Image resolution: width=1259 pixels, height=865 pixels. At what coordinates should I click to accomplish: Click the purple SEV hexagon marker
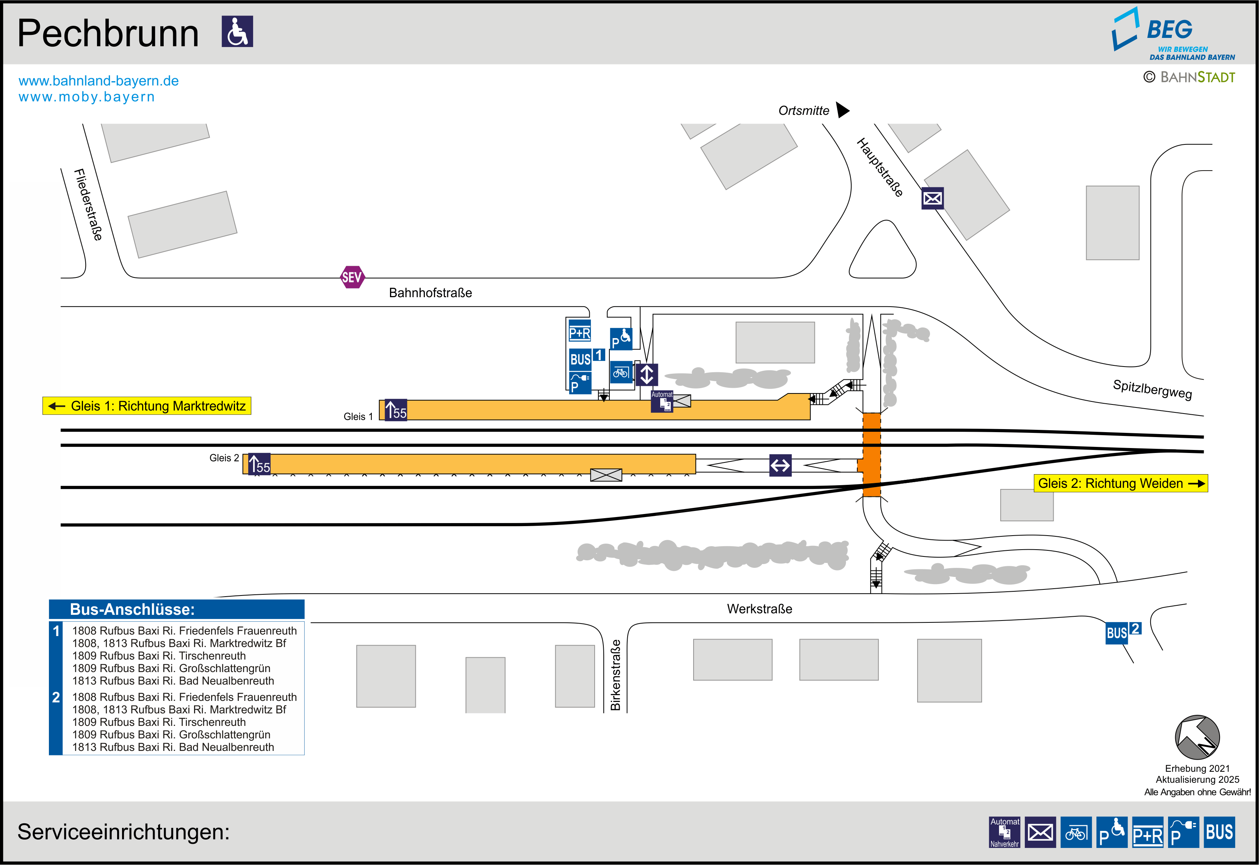click(x=352, y=277)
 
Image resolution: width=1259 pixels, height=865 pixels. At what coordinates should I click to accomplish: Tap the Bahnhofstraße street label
click(x=430, y=293)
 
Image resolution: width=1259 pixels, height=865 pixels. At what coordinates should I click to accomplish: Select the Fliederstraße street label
click(x=88, y=204)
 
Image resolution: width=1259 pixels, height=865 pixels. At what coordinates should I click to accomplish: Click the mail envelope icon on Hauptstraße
click(x=932, y=198)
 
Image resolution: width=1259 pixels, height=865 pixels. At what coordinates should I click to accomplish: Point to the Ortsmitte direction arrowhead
click(x=842, y=110)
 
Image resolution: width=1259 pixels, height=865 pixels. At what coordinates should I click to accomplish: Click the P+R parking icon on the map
click(x=579, y=332)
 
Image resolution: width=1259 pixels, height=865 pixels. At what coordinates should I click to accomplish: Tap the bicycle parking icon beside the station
click(x=621, y=372)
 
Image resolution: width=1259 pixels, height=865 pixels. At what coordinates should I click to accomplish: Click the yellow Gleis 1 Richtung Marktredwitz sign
click(x=147, y=406)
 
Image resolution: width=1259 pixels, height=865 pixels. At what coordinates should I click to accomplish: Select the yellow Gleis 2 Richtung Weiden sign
click(x=1120, y=483)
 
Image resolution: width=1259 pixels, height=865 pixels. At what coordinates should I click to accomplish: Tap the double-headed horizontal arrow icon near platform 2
click(x=780, y=465)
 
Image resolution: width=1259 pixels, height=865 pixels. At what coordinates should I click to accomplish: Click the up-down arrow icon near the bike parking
click(x=647, y=375)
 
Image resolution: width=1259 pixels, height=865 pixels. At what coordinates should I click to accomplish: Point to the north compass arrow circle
click(x=1197, y=737)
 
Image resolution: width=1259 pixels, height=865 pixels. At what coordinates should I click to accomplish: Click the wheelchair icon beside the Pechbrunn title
click(x=237, y=31)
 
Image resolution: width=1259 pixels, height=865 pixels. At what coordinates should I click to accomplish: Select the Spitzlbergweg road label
click(x=1152, y=389)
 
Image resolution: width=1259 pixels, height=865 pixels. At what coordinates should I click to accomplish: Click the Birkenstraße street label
click(x=615, y=675)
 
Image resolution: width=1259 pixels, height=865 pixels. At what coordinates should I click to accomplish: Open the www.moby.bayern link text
click(x=87, y=97)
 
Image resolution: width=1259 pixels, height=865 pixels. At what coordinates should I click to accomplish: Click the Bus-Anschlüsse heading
click(x=132, y=609)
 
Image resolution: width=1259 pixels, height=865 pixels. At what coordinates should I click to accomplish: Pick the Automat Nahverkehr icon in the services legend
click(x=1004, y=832)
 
